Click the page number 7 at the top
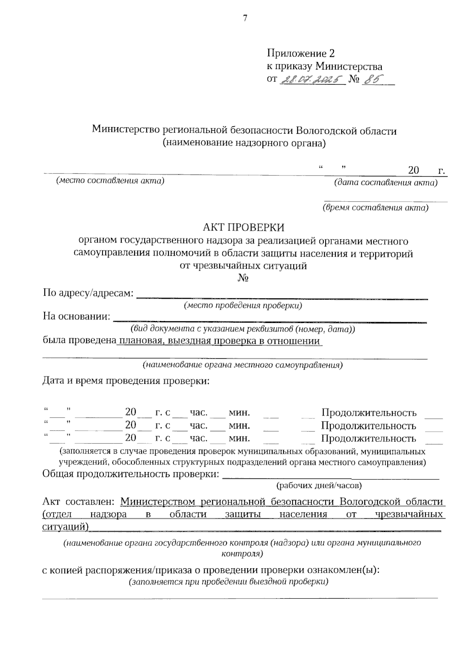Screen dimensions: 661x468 245,18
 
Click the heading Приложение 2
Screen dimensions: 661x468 300,53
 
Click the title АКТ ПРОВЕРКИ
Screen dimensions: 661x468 244,227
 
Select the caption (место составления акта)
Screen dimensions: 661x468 110,181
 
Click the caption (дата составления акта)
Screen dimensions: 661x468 386,183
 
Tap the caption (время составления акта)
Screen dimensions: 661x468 375,208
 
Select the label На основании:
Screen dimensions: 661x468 76,316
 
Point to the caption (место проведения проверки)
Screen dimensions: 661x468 243,306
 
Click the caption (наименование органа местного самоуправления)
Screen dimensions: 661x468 242,365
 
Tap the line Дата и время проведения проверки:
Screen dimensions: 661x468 126,381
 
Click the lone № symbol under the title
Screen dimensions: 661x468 243,278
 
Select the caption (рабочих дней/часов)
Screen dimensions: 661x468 319,486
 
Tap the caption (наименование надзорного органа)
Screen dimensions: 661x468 244,143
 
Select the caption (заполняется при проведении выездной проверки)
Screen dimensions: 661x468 228,582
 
